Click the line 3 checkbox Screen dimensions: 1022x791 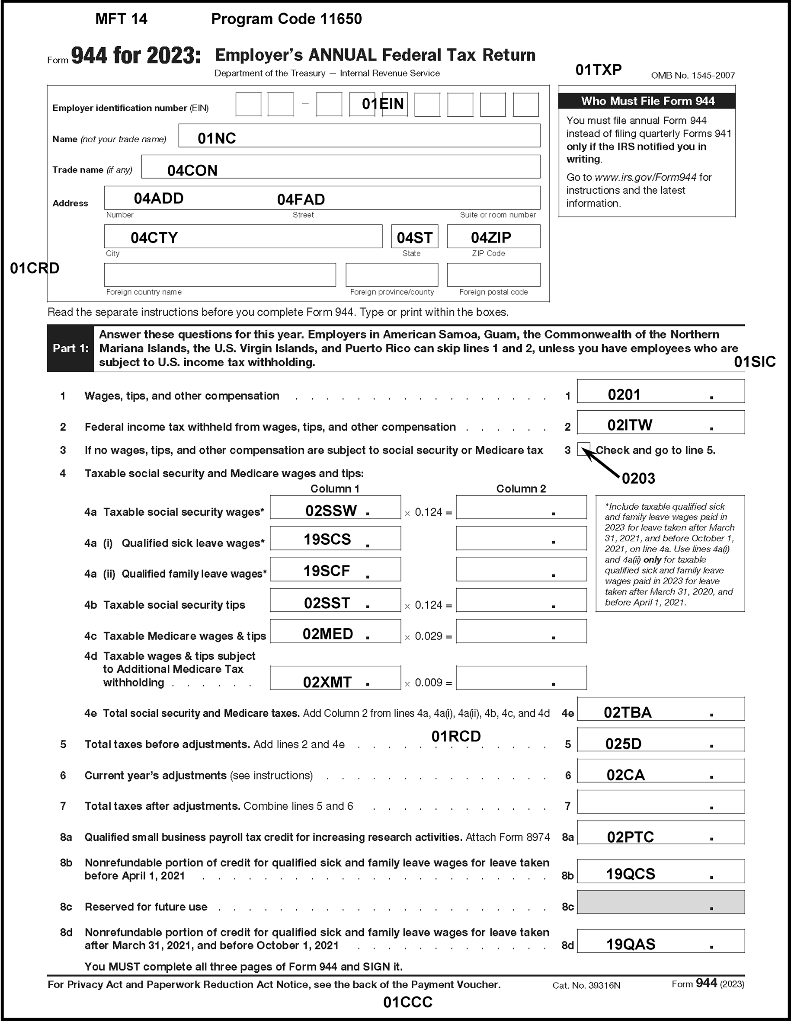[x=583, y=449]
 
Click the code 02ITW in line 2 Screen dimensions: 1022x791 [x=630, y=425]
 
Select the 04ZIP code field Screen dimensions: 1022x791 [x=493, y=237]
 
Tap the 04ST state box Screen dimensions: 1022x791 [x=415, y=237]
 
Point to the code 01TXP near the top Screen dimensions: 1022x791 [x=598, y=70]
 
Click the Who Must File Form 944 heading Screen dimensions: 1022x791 [x=647, y=101]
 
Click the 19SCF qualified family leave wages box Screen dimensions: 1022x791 [x=335, y=570]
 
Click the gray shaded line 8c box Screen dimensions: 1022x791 [x=660, y=903]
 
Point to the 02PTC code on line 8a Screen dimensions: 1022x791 [x=630, y=837]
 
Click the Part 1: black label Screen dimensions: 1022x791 [x=70, y=348]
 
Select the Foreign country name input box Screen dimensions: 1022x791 [x=220, y=275]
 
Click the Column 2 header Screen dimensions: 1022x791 [x=521, y=489]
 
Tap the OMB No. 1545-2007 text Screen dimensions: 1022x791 [x=693, y=75]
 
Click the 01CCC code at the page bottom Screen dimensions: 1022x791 [x=408, y=1002]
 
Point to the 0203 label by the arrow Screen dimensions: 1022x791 [x=638, y=478]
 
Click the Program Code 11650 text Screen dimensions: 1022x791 [x=286, y=19]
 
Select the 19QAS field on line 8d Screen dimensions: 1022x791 [x=660, y=942]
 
